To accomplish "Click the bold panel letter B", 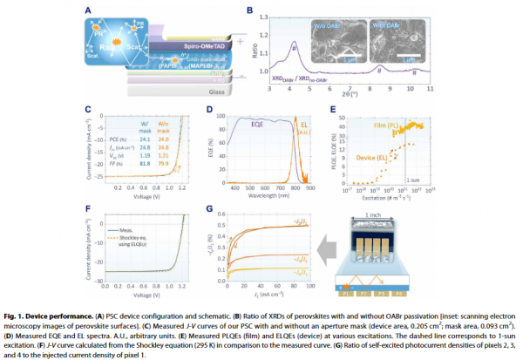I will (250, 10).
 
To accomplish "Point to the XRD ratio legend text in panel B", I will (309, 79).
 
